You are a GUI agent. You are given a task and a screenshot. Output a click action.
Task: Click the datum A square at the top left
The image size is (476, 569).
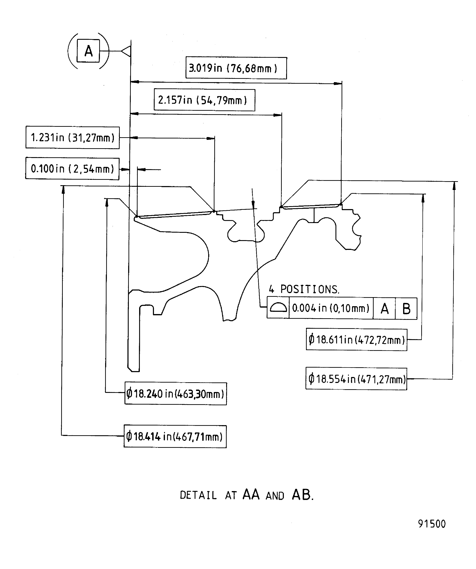coord(88,51)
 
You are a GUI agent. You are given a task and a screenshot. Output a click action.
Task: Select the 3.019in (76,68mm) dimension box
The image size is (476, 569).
coord(236,68)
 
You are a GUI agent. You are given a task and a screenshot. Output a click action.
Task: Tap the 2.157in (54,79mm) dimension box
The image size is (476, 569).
coord(204,100)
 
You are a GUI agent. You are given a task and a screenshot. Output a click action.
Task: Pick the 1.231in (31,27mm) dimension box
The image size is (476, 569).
coord(72,138)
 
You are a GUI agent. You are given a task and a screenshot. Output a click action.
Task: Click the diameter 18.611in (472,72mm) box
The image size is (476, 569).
coord(356,340)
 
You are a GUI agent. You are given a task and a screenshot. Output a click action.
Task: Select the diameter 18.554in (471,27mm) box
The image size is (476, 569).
coord(356,379)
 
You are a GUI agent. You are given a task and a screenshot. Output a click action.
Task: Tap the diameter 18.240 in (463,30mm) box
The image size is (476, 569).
coord(176,393)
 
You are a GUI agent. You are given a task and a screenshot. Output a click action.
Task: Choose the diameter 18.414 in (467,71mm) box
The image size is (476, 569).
coord(175,436)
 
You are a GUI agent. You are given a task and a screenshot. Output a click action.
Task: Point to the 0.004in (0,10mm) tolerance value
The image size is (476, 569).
coord(331,308)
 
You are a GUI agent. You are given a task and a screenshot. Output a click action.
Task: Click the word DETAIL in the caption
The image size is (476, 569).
coord(198,495)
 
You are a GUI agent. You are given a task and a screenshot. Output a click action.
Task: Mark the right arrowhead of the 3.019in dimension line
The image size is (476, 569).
coord(338,84)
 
